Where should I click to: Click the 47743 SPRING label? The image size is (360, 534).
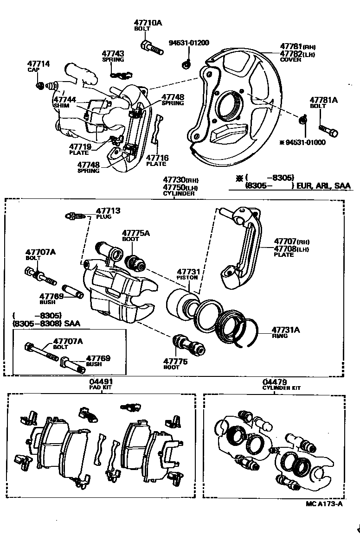113,57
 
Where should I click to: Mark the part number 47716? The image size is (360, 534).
157,158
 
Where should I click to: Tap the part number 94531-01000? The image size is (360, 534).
302,142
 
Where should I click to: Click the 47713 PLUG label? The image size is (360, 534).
108,213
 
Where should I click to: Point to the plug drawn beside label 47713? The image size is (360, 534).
74,216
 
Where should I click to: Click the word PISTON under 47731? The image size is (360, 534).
187,278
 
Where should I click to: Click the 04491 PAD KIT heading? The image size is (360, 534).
101,384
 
